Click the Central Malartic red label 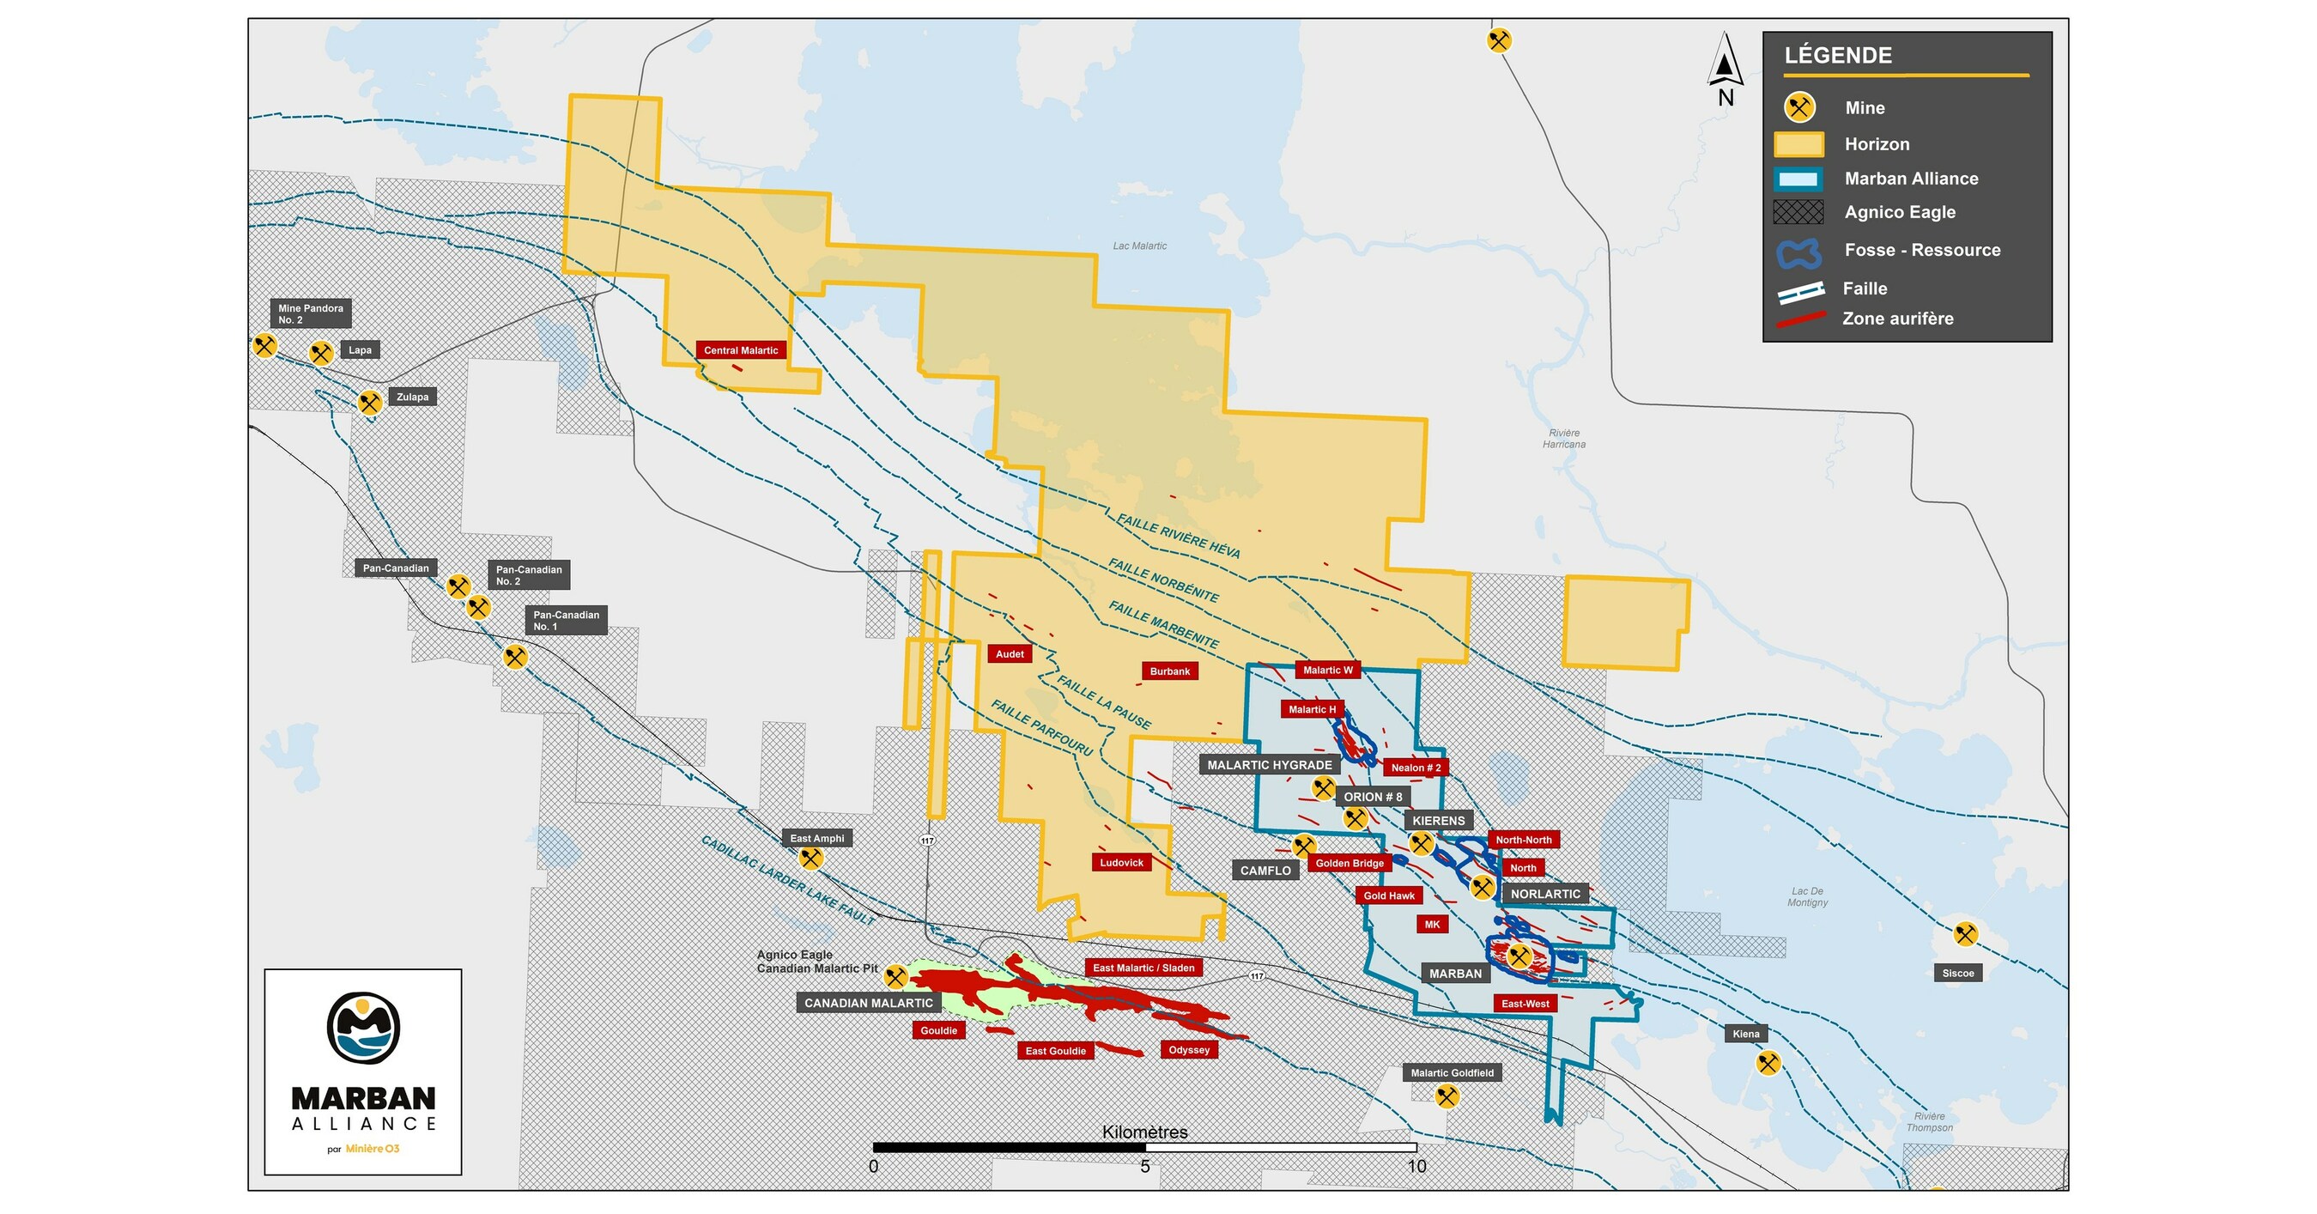pyautogui.click(x=740, y=350)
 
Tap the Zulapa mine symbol pyautogui.click(x=370, y=402)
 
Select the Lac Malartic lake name pyautogui.click(x=1138, y=246)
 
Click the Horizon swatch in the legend pyautogui.click(x=1798, y=145)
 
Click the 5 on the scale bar pyautogui.click(x=1144, y=1166)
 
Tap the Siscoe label pyautogui.click(x=1957, y=973)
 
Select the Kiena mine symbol pyautogui.click(x=1768, y=1063)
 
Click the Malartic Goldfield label pyautogui.click(x=1452, y=1073)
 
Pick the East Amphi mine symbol pyautogui.click(x=810, y=858)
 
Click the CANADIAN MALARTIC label pyautogui.click(x=868, y=1003)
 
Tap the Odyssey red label pyautogui.click(x=1188, y=1049)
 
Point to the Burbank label pyautogui.click(x=1169, y=671)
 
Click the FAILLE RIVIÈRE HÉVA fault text pyautogui.click(x=1179, y=536)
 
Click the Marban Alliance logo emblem pyautogui.click(x=362, y=1028)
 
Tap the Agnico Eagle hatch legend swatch pyautogui.click(x=1798, y=212)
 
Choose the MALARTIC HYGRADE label pyautogui.click(x=1269, y=765)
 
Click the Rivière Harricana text pyautogui.click(x=1563, y=439)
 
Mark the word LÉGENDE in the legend pyautogui.click(x=1838, y=56)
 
